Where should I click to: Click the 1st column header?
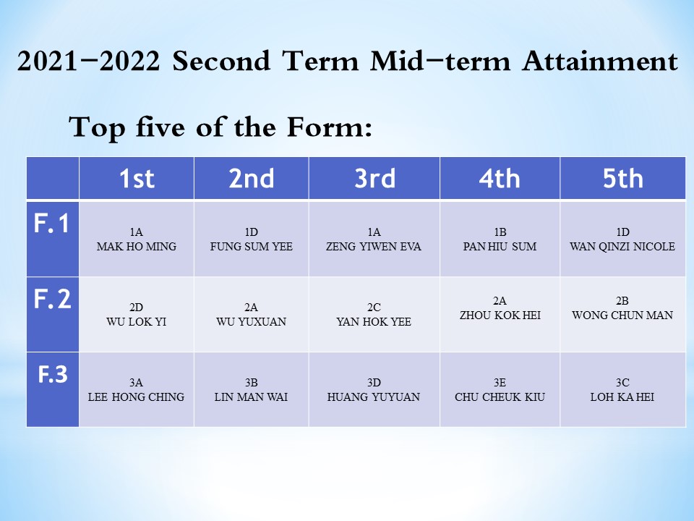tap(137, 178)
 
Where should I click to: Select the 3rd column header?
tap(374, 178)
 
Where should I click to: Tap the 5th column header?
tap(622, 178)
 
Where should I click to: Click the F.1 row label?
tap(52, 223)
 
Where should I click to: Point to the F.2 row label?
tap(52, 299)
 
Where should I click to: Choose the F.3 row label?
tap(53, 374)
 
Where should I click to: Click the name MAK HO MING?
tap(137, 246)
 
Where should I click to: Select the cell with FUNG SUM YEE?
tap(252, 240)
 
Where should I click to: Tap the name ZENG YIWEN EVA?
tap(374, 246)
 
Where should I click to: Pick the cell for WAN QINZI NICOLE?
tap(622, 240)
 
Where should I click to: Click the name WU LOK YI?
tap(137, 321)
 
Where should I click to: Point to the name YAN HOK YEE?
tap(374, 321)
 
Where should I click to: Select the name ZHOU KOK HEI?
tap(500, 315)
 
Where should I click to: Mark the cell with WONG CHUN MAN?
tap(622, 315)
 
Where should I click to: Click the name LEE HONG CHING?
tap(136, 397)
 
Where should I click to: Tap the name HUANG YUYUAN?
tap(374, 397)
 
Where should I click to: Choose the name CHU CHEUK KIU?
tap(500, 397)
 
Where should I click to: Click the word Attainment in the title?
tap(600, 61)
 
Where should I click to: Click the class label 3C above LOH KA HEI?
tap(622, 382)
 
